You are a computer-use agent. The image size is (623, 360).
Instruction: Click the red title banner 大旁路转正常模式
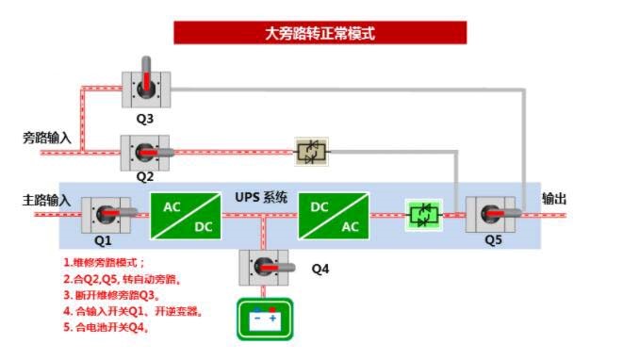[x=320, y=33]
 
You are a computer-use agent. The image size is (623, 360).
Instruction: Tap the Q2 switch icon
[x=146, y=152]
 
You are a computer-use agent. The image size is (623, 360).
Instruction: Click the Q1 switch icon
[x=107, y=214]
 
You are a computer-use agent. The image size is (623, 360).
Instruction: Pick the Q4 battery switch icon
[x=265, y=270]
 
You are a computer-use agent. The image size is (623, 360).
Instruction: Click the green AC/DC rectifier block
[x=186, y=214]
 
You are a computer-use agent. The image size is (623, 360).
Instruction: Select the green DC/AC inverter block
[x=333, y=214]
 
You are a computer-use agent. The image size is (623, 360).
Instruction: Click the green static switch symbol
[x=423, y=214]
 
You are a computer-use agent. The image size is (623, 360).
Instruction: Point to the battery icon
[x=264, y=319]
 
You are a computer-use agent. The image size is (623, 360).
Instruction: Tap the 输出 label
[x=554, y=199]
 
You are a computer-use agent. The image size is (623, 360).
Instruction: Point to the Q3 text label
[x=144, y=119]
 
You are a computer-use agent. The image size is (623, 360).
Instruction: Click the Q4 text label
[x=320, y=270]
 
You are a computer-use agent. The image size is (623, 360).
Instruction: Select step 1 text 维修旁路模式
[x=105, y=262]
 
